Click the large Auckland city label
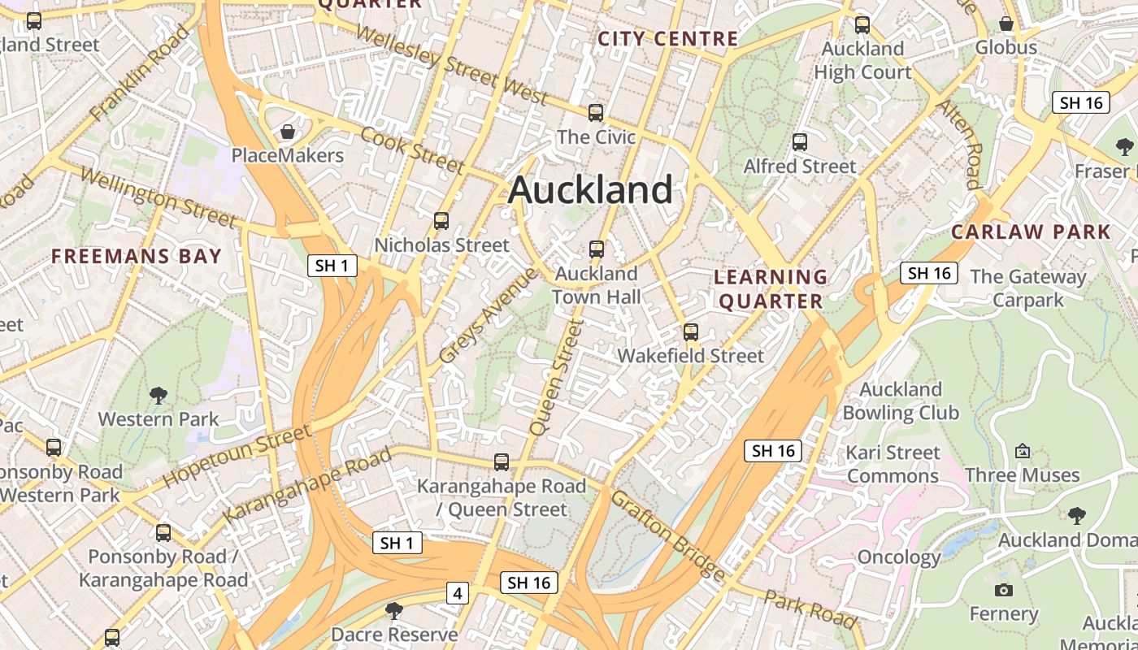[x=590, y=190]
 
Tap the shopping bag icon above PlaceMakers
[x=287, y=132]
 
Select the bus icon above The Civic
[x=596, y=113]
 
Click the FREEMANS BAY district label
[x=137, y=257]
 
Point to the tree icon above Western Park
[x=159, y=396]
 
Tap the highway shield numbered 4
[x=458, y=594]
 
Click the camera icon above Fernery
[x=1004, y=591]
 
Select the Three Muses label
[x=1022, y=474]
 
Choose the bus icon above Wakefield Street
[x=690, y=331]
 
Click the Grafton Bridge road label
[x=667, y=534]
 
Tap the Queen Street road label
[x=557, y=377]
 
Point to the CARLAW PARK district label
[x=1031, y=232]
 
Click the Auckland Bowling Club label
[x=901, y=401]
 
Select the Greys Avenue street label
[x=488, y=316]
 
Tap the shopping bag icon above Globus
[x=1006, y=24]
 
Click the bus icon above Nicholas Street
[x=441, y=221]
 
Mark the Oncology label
[x=899, y=557]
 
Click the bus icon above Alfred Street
[x=800, y=143]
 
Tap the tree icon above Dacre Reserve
[x=394, y=610]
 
